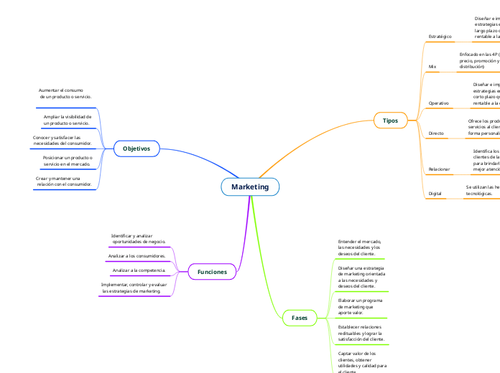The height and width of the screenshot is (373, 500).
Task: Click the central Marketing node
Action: pos(249,186)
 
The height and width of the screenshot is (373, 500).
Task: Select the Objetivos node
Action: pos(136,148)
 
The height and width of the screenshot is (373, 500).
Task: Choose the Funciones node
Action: pos(212,272)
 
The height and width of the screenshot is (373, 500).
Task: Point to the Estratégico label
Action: pos(440,36)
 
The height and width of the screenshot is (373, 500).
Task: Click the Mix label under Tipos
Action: pos(432,67)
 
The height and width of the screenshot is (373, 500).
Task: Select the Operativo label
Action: pos(438,103)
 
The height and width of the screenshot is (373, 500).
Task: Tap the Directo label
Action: pos(436,133)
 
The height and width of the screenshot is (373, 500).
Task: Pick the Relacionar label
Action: pos(439,169)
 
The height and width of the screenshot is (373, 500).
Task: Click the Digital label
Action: pos(435,194)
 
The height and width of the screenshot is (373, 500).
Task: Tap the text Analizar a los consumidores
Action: pos(136,255)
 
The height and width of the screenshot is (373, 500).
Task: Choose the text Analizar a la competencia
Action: pos(139,270)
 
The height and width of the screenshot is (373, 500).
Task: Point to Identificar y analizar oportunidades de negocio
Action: pos(138,239)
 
